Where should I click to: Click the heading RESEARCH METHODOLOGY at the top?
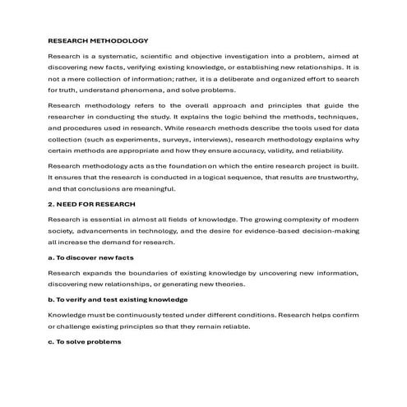click(98, 40)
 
